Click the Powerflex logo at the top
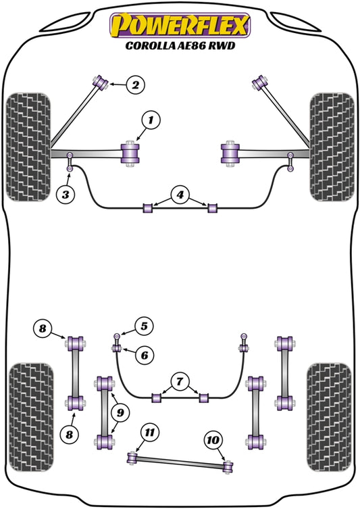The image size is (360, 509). point(180,26)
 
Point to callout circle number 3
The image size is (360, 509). point(65,195)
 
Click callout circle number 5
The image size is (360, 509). point(144,326)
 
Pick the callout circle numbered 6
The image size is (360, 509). point(144,354)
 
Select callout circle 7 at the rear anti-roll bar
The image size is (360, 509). point(180,382)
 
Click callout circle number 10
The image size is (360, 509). point(213,441)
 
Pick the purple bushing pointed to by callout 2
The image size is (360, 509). point(103,82)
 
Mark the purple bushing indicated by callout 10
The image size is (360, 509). point(228,466)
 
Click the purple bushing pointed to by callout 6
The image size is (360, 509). point(115,348)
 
